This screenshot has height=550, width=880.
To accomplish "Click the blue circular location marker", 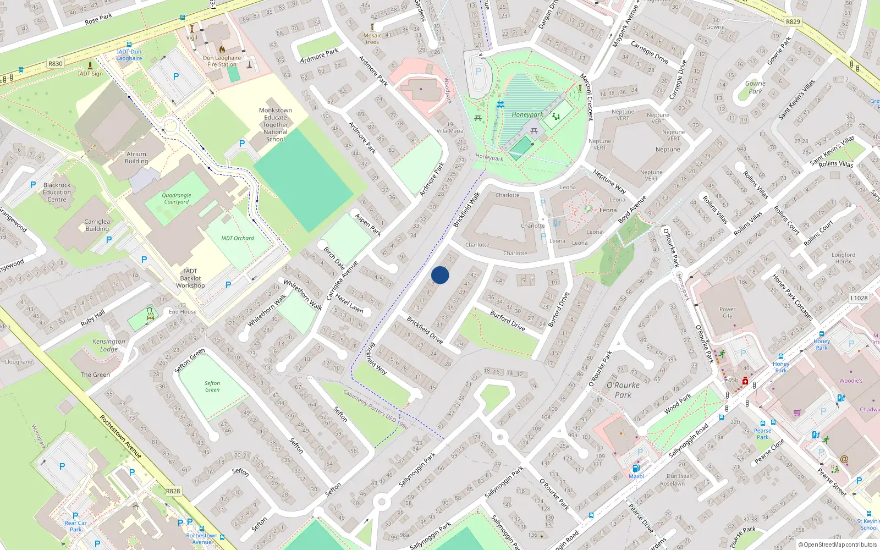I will [440, 275].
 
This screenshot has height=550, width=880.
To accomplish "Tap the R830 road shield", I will [55, 64].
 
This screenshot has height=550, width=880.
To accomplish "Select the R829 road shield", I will [793, 22].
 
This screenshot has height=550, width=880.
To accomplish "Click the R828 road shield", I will [173, 491].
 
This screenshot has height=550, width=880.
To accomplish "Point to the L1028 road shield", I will [859, 298].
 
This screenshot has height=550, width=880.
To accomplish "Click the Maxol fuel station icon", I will [636, 468].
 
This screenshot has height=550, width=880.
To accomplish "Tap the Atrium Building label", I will [136, 158].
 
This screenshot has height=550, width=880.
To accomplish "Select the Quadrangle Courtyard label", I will [177, 199].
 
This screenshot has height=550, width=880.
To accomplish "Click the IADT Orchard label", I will [238, 238].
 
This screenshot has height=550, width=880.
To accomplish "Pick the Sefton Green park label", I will [212, 386].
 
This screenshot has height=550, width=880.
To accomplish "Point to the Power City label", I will [727, 312].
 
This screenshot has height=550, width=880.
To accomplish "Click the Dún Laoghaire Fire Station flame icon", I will [222, 49].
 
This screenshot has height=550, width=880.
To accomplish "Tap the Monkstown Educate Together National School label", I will [276, 125].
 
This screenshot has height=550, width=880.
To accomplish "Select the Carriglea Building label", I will [97, 225].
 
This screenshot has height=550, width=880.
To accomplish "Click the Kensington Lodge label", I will [109, 345].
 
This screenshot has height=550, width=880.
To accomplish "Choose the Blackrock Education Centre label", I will [57, 193].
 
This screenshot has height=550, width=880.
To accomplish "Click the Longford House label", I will [843, 258].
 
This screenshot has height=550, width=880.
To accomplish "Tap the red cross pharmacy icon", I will [745, 381].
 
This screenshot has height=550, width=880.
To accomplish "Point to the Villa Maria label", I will [450, 131].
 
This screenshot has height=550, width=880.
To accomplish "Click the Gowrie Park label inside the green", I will [755, 87].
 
